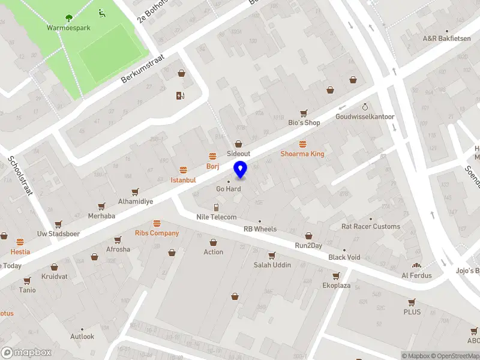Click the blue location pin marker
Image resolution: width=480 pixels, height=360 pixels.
coord(241,170)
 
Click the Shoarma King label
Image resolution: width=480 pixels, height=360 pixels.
coord(302,154)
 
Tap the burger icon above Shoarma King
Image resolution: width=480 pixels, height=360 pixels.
coord(302,144)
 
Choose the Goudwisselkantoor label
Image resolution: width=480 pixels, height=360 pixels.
coord(364,116)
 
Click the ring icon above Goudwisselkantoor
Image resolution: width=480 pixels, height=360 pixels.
coord(364,106)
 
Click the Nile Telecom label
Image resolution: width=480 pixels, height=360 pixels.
coord(217,217)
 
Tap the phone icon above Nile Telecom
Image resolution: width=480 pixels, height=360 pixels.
coord(217,207)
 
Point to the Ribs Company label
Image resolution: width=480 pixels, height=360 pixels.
coord(157,233)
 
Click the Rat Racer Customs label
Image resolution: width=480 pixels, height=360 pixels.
coord(370,226)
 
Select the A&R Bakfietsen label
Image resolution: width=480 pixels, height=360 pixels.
coord(446,38)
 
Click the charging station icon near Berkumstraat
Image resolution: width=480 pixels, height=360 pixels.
coord(179,95)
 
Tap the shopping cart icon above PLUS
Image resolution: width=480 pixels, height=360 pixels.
coord(412,302)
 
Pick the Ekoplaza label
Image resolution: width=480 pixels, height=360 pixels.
coord(336,286)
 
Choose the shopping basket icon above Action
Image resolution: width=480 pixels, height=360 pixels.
coord(213,242)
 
